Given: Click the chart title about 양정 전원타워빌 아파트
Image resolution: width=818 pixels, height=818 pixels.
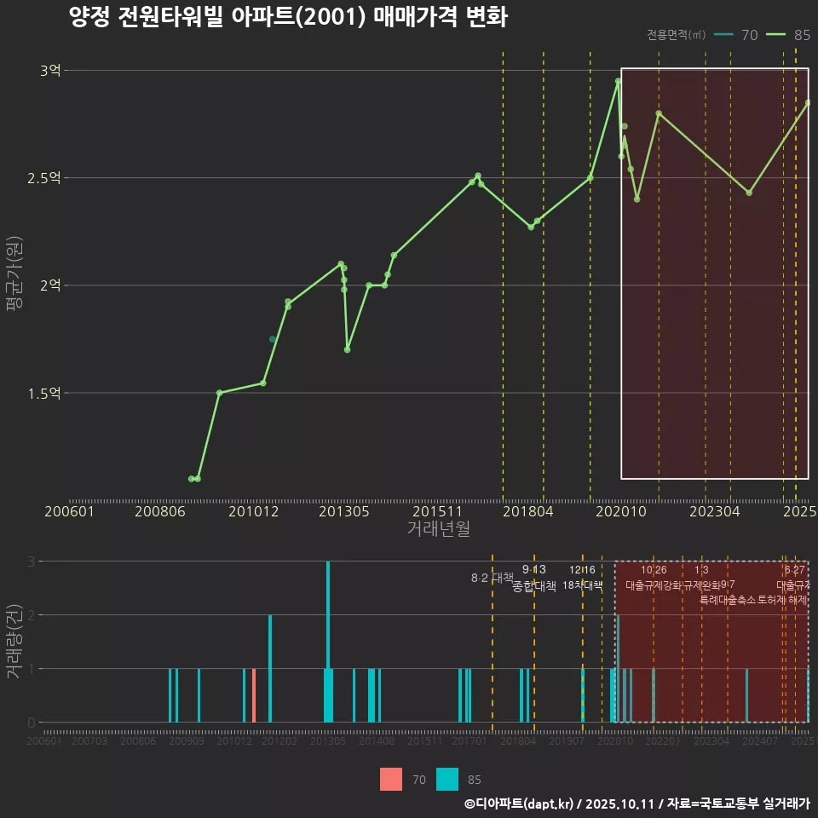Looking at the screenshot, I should click(x=288, y=17).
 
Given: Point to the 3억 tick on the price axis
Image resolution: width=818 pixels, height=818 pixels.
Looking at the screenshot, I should click(x=50, y=71).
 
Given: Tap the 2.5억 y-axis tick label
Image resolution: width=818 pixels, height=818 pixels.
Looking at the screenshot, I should click(x=43, y=178).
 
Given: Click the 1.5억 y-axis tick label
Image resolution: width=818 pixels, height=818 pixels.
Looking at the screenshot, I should click(x=43, y=393).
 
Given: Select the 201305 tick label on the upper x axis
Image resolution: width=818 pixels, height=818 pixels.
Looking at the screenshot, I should click(x=343, y=511).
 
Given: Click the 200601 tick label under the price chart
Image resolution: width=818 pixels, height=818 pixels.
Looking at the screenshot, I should click(x=69, y=511).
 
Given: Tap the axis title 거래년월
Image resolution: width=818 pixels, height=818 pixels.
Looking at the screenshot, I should click(x=438, y=528).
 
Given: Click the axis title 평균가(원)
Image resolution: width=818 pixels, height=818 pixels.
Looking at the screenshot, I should click(x=14, y=285).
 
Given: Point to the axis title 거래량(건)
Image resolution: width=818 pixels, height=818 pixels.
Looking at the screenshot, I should click(x=14, y=642).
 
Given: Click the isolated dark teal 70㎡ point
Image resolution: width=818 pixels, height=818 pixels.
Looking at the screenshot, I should click(x=273, y=339).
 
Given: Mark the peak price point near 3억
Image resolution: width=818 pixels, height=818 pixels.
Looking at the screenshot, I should click(x=618, y=81).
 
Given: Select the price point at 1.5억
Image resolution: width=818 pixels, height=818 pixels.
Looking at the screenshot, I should click(x=219, y=393).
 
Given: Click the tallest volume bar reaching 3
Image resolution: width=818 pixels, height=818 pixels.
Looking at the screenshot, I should click(x=328, y=641).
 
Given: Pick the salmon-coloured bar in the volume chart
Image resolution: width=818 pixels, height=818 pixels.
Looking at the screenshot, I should click(x=254, y=695).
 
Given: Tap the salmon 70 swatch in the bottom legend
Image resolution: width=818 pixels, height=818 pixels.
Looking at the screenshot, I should click(x=391, y=779).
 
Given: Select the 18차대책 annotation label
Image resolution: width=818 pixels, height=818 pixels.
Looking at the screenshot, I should click(x=583, y=585).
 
